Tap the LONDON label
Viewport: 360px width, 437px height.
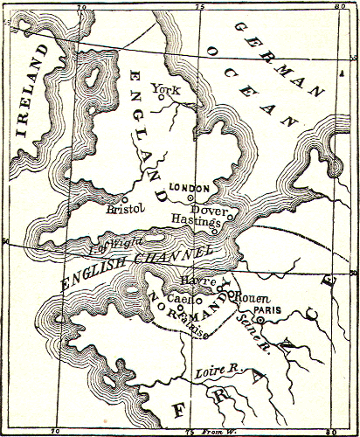pyautogui.click(x=189, y=188)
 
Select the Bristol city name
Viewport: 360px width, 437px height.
pyautogui.click(x=122, y=210)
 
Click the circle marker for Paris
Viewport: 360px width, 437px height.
pyautogui.click(x=260, y=320)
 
